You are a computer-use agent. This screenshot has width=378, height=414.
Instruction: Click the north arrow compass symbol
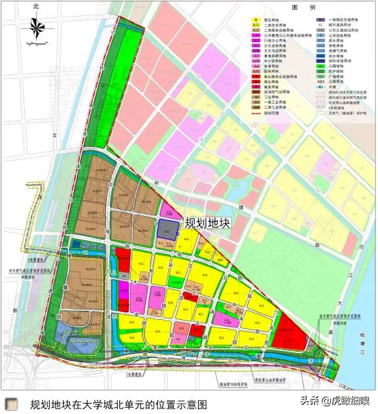[x=33, y=28]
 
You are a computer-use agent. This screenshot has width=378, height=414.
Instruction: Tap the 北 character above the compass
[x=33, y=6]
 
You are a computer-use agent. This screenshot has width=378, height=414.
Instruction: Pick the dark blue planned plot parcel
[x=166, y=230]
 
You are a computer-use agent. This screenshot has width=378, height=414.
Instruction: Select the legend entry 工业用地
[x=277, y=112]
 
